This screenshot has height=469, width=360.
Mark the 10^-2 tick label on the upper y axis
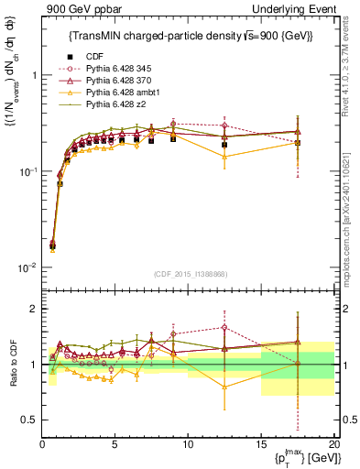(x=27, y=267)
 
